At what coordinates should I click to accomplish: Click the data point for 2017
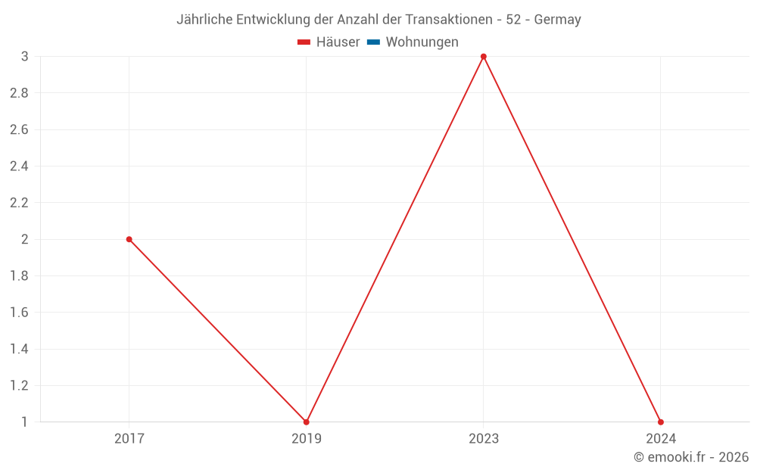129,239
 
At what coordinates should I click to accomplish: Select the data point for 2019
307,422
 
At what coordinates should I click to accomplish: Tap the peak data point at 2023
484,57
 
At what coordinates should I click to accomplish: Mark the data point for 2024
661,422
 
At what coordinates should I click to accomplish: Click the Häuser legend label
338,42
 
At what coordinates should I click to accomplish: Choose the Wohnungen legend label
422,42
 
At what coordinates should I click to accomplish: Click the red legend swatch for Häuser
304,42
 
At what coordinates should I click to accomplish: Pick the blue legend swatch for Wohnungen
373,42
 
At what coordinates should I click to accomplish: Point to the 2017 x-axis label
129,438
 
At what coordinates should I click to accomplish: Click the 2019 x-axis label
307,438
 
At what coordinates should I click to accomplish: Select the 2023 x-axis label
484,438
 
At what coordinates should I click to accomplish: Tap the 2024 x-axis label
661,438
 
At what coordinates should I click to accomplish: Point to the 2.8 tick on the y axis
19,93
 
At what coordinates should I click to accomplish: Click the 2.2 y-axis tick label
19,203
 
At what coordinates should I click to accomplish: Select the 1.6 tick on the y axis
19,313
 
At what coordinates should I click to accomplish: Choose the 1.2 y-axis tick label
19,385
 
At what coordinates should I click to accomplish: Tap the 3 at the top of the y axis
24,57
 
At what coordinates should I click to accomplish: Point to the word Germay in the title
557,20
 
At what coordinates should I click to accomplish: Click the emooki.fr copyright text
691,457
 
